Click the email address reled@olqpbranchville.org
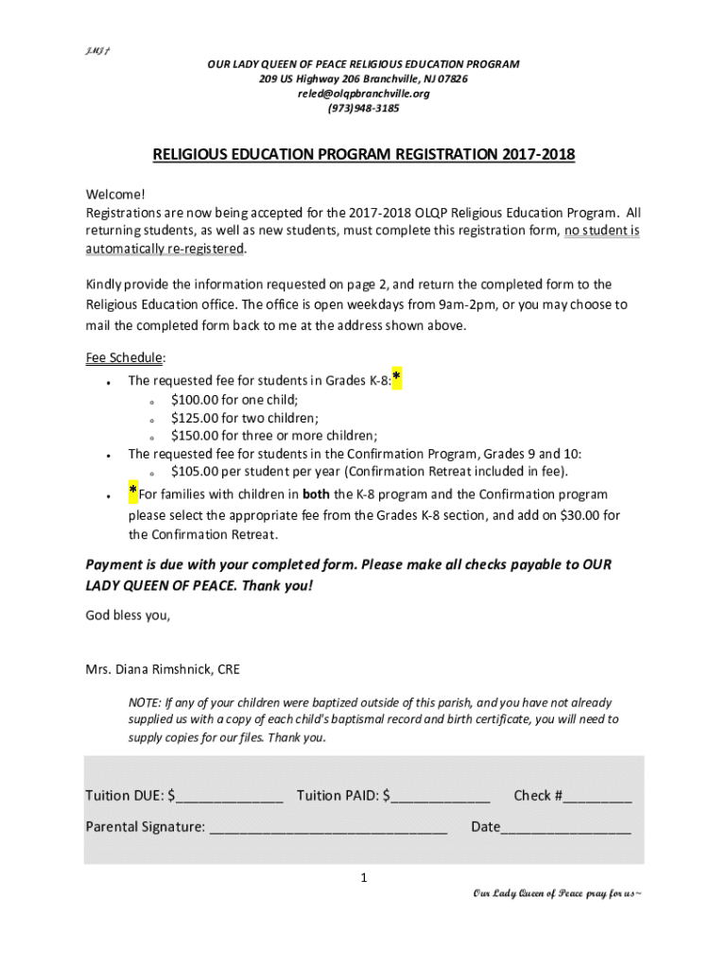[363, 94]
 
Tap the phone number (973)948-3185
[363, 109]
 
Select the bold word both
[316, 494]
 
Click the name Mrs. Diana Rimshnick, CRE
[163, 670]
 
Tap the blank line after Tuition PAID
[441, 797]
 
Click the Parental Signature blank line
[327, 828]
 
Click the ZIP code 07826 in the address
[447, 78]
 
